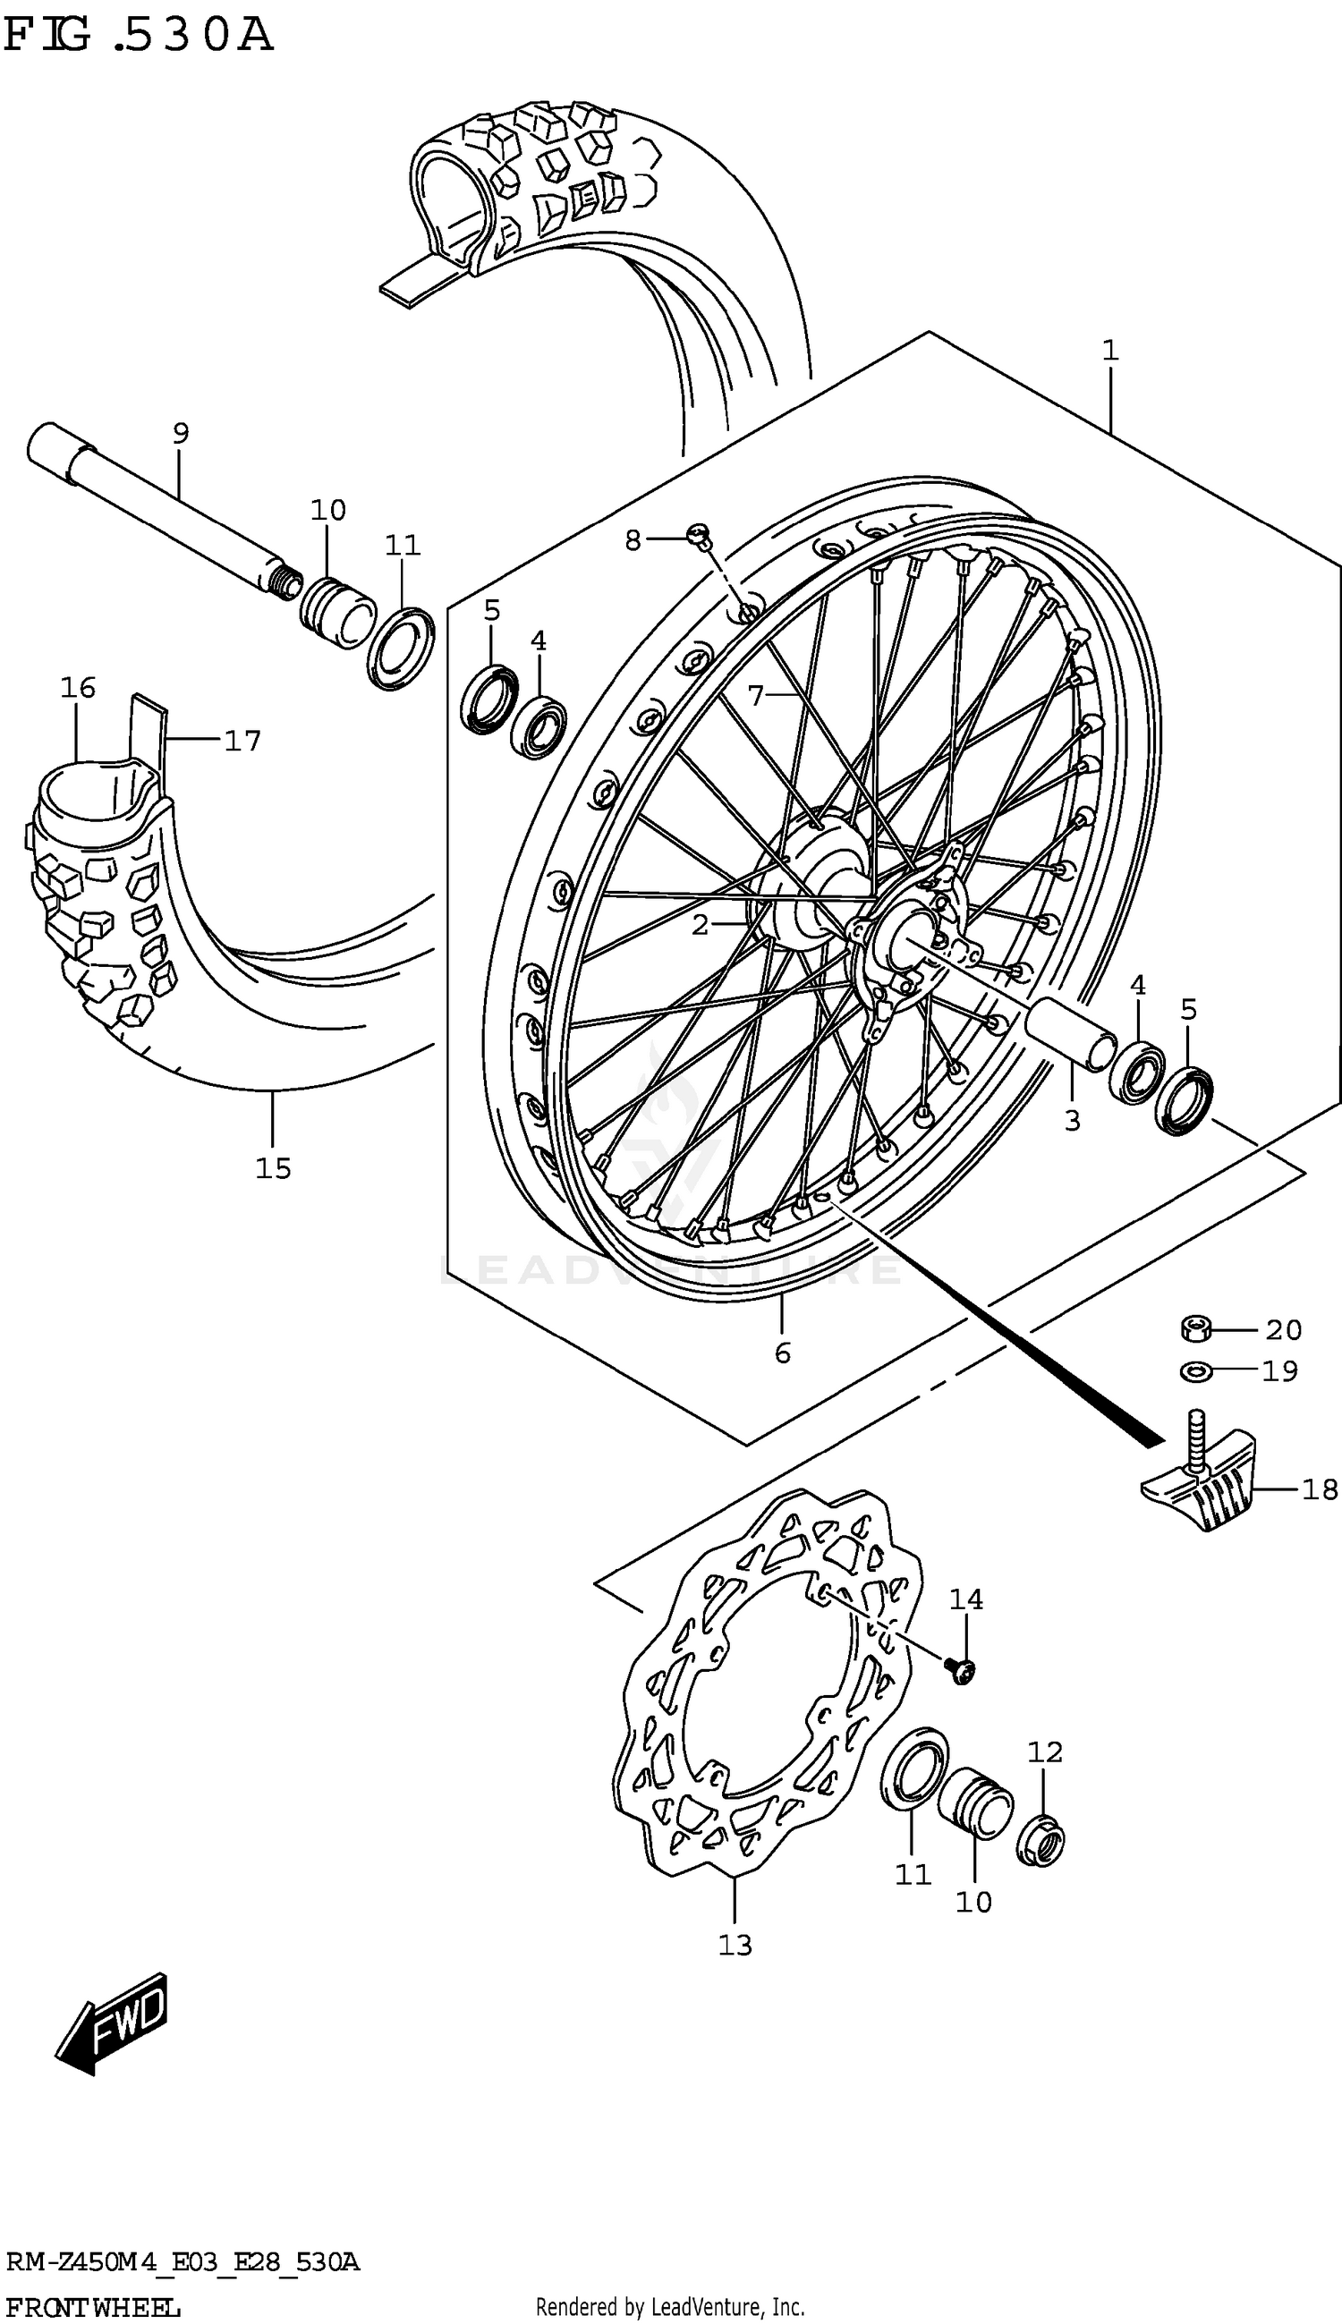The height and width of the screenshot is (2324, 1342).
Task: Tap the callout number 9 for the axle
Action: pos(181,432)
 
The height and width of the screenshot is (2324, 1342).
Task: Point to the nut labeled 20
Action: pos(1195,1328)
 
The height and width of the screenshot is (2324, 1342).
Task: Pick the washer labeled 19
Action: pos(1195,1372)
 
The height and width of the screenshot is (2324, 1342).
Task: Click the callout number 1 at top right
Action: pos(1109,350)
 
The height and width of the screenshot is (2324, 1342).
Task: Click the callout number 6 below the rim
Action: pos(783,1353)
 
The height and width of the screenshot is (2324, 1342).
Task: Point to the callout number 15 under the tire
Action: pos(273,1168)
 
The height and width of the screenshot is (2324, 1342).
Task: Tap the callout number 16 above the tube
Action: pos(79,687)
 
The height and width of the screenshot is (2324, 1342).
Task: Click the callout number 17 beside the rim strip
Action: pos(242,740)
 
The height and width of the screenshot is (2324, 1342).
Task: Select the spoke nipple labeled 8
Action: pos(700,533)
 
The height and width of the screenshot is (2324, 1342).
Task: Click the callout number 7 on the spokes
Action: pos(756,696)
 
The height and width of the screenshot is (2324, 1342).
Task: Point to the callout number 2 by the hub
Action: pos(701,924)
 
